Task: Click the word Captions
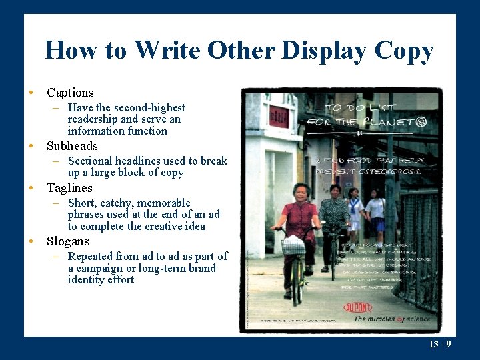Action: (70, 93)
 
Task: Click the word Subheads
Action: (72, 146)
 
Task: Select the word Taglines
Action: (69, 188)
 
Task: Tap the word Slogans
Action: (67, 241)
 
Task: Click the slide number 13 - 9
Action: (439, 344)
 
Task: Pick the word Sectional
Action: (90, 161)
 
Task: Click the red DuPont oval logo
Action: (358, 307)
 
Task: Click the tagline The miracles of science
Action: (392, 319)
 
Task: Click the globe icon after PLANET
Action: (420, 122)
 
